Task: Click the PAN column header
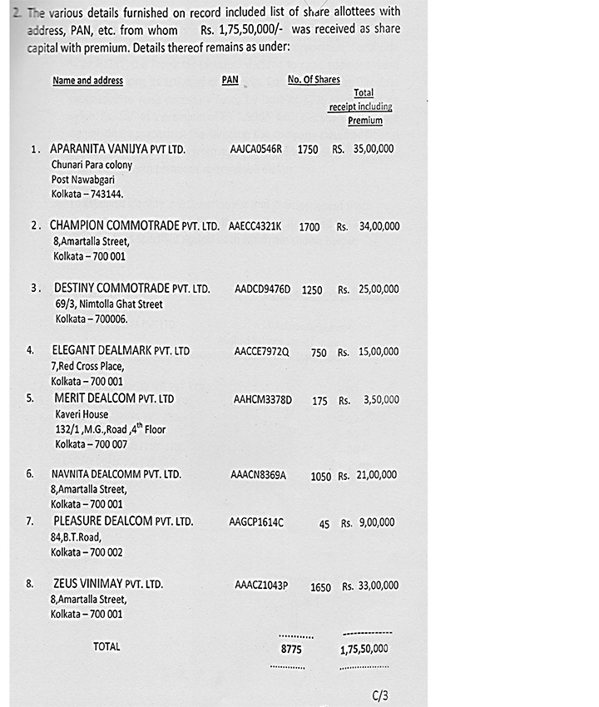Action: point(230,80)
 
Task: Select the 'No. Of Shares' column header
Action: point(314,80)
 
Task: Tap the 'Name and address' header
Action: point(87,81)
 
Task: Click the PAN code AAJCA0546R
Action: point(255,150)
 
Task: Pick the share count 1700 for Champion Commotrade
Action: point(309,226)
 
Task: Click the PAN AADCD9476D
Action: point(262,289)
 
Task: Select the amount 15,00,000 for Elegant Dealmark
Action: point(378,352)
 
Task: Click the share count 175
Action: point(319,401)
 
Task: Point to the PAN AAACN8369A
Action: point(258,475)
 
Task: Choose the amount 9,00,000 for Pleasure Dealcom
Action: point(377,523)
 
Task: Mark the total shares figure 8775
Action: point(290,650)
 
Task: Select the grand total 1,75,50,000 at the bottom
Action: point(364,649)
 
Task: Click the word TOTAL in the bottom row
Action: point(106,646)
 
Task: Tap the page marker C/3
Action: point(380,695)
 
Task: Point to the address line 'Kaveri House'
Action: point(82,414)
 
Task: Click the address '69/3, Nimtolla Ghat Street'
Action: point(109,304)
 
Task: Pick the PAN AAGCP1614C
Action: point(255,522)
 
